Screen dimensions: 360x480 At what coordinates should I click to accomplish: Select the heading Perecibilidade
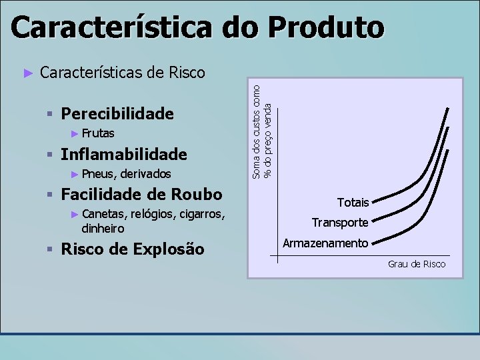coord(117,114)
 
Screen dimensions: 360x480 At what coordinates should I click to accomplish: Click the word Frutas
coord(98,133)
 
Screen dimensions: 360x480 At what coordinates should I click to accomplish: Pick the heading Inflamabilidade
coord(123,155)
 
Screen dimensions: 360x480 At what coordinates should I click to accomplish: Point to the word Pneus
coord(97,174)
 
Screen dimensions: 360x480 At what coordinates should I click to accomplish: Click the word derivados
coord(143,174)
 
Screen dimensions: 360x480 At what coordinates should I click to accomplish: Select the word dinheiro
coord(103,227)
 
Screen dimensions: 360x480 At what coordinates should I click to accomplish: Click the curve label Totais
coord(353,202)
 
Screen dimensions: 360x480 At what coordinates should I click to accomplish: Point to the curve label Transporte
coord(340,223)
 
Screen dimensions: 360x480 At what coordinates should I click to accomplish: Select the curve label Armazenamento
coord(325,243)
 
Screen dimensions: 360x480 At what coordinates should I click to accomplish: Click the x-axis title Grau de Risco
coord(417,265)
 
